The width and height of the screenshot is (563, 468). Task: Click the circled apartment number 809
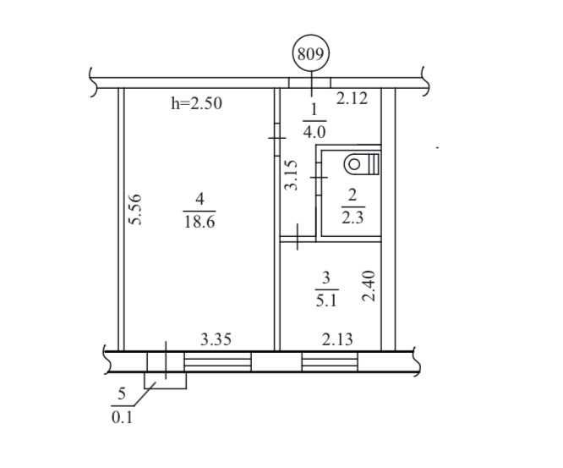click(x=311, y=54)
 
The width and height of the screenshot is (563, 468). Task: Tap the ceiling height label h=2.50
click(x=196, y=103)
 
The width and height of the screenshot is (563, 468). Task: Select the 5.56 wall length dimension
click(x=135, y=210)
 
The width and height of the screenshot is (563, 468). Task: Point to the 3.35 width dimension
click(x=216, y=339)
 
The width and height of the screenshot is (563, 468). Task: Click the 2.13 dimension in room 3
click(x=337, y=339)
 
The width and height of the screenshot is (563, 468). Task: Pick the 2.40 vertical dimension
click(x=369, y=286)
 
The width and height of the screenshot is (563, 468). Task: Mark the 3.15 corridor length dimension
click(x=291, y=175)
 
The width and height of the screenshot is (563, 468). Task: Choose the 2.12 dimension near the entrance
click(x=352, y=98)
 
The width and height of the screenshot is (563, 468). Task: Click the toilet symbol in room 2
click(x=362, y=164)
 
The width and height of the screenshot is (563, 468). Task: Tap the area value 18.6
click(x=200, y=222)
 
